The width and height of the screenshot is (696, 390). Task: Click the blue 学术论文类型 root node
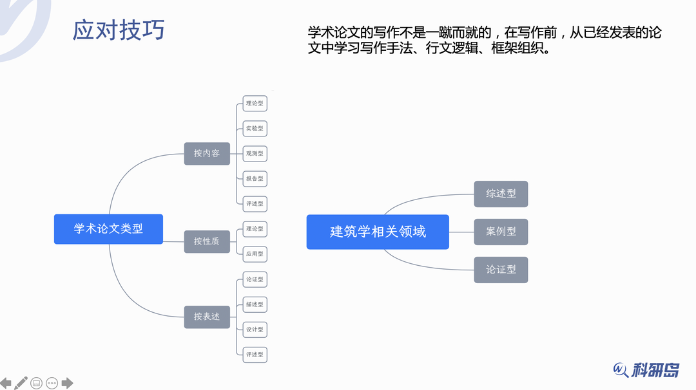point(108,228)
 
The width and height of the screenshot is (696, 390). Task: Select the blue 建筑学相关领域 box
point(378,232)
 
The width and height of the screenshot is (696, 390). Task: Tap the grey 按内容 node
point(207,153)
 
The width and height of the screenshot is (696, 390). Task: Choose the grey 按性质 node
point(207,241)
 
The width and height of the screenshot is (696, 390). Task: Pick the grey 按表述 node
point(207,317)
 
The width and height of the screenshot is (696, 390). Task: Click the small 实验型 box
point(255,129)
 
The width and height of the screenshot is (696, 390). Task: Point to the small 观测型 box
point(255,153)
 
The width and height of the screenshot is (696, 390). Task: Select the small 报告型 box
point(255,178)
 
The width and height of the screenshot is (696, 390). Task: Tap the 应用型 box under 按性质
point(255,254)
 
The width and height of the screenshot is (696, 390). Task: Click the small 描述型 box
point(255,304)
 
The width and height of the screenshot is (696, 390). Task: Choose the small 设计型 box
point(255,330)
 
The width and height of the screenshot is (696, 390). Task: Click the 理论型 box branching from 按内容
point(255,103)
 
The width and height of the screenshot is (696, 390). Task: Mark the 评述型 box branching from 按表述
point(255,355)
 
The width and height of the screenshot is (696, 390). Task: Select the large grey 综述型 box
point(501,194)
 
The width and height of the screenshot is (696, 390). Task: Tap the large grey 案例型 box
point(501,232)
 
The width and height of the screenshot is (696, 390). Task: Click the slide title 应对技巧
point(119,30)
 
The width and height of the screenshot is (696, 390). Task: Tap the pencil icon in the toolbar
point(21,383)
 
